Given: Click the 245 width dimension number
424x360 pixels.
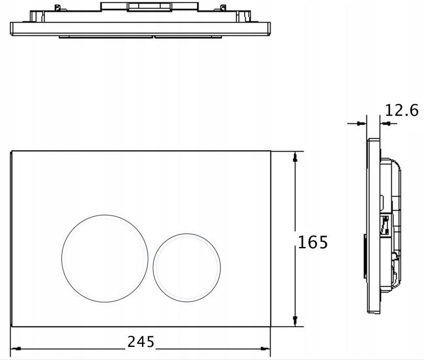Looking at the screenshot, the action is [x=141, y=341].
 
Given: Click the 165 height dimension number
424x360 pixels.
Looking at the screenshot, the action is [x=313, y=242].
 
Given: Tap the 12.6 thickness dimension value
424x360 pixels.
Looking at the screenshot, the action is [x=401, y=110].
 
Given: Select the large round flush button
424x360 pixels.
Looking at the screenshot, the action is [x=105, y=258].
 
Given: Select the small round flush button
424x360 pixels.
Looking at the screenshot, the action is [x=186, y=267].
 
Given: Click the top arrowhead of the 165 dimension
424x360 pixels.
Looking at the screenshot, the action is [x=295, y=157].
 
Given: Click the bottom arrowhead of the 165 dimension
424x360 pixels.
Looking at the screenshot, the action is [x=295, y=321].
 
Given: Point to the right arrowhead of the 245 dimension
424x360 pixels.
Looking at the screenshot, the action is [x=265, y=348].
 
